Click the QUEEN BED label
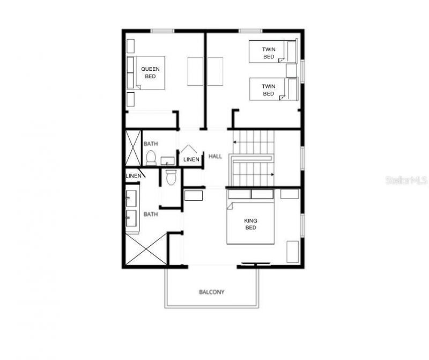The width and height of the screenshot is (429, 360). tap(150, 72)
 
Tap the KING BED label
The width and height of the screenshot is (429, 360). tap(250, 224)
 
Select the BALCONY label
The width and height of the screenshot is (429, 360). tap(212, 292)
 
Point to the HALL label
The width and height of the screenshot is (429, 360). tap(215, 156)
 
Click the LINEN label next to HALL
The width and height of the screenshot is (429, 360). tap(191, 159)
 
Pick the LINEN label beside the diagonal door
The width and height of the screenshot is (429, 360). tap(133, 176)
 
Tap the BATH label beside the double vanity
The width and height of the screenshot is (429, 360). tap(150, 214)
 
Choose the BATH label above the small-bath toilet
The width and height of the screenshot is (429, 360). tap(150, 144)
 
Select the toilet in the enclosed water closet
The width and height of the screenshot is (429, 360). tap(172, 177)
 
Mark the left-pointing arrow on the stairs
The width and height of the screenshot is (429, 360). tap(235, 142)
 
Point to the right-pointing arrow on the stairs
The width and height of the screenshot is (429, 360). tap(272, 174)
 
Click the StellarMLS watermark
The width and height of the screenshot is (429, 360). tap(406, 180)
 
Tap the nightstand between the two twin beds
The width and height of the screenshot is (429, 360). tap(291, 71)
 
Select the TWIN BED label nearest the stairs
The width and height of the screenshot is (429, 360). tap(268, 90)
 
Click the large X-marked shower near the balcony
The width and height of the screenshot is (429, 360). tap(146, 251)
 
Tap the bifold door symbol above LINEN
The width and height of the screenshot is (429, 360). tap(188, 149)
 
